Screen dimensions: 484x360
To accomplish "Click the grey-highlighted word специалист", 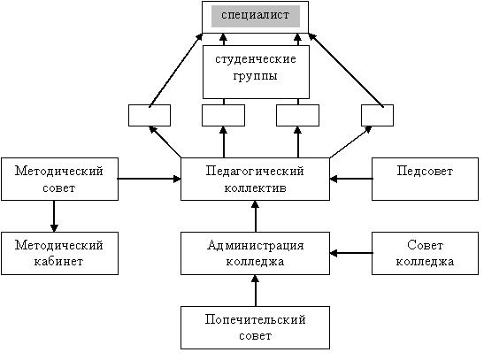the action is (256, 15).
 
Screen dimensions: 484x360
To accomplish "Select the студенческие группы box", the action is (256, 72).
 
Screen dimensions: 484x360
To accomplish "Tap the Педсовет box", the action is (425, 179).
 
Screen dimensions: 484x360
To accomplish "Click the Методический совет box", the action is (59, 179).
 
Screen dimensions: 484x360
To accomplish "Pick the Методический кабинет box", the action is (59, 253).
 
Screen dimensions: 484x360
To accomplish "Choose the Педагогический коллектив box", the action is (256, 179).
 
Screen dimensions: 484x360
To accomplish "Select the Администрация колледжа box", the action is (256, 253).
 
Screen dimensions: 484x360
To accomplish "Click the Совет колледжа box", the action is (425, 253).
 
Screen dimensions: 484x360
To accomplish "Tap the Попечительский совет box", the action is (256, 327).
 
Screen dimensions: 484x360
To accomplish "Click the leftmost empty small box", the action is (150, 115).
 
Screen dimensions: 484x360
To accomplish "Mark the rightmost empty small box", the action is (377, 115).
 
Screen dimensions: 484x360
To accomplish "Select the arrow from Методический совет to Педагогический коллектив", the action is (149, 179).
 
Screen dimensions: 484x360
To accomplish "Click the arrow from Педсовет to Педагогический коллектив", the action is (351, 179).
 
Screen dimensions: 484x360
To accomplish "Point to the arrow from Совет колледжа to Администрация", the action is (351, 253).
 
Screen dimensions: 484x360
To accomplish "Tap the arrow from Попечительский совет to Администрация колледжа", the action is (256, 291).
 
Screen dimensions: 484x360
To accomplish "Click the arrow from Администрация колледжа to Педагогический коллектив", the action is (256, 216).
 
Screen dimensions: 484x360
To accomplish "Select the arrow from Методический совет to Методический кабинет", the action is (54, 216).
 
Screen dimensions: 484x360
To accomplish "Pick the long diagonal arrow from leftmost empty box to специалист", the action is (175, 71).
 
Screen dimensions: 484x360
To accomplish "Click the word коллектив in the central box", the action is (256, 188).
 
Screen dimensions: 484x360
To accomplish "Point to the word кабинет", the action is (58, 262).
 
